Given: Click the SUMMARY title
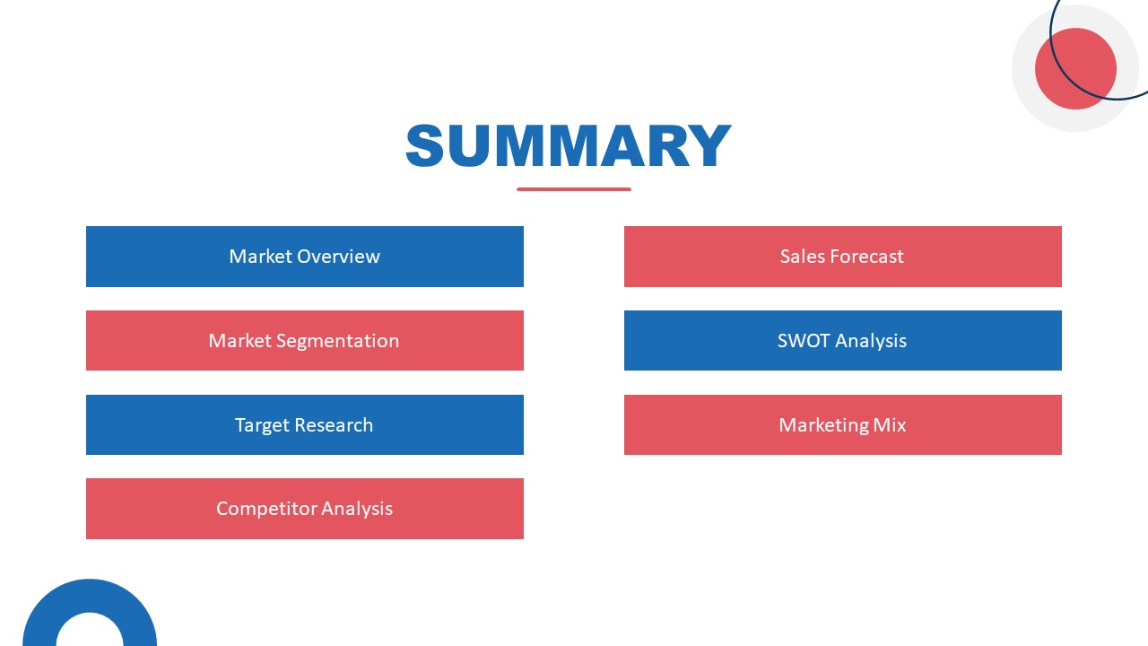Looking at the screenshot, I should pos(569,146).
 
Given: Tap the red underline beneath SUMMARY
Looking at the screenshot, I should pos(574,189).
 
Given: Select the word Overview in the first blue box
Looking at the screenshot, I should pos(338,257).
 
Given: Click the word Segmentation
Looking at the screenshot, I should pos(337,341).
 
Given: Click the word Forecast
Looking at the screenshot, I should pos(865,257).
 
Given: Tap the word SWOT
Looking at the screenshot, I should pos(804,341).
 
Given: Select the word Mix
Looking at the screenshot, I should pos(890,425).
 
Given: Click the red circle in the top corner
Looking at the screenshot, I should pos(1074,69).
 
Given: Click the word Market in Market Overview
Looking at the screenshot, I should pos(260,257).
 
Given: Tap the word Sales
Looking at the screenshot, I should pos(802,257).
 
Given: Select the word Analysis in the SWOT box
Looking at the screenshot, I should pos(871,341).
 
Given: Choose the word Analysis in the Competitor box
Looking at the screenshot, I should pos(357,509).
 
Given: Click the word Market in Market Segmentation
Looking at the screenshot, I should pos(239,341).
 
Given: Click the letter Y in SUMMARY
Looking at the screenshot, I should pos(709,146).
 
